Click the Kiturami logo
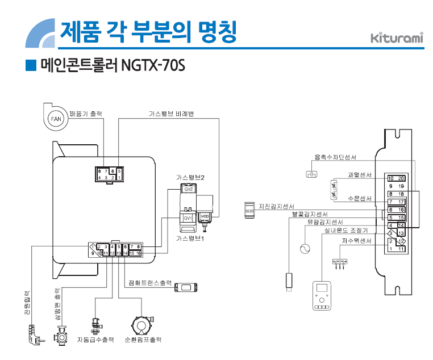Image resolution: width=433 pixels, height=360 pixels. (397, 39)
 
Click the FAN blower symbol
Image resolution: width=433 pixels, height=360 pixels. (55, 118)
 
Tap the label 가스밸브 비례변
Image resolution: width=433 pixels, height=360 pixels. (171, 114)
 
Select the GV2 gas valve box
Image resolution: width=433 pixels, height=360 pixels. (189, 189)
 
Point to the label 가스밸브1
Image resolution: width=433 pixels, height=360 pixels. (190, 238)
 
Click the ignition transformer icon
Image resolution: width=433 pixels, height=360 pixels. (185, 287)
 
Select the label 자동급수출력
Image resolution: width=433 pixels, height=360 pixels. (95, 339)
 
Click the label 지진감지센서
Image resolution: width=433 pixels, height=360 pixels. (277, 206)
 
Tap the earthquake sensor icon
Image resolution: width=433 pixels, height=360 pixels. (249, 209)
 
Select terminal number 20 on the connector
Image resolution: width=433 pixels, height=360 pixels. (401, 178)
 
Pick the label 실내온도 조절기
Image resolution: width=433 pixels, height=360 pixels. (346, 231)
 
